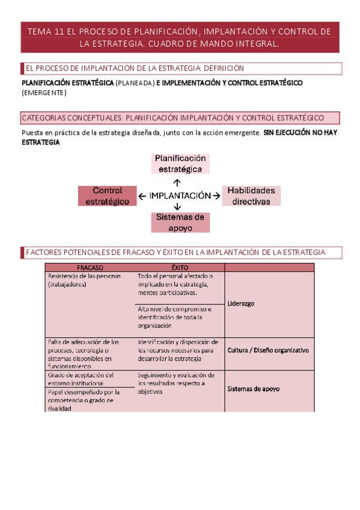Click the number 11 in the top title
tap(58, 31)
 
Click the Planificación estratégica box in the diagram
tap(180, 164)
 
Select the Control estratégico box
tap(107, 196)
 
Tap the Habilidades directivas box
tap(251, 196)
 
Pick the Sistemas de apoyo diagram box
tap(180, 223)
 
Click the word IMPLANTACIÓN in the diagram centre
tap(180, 196)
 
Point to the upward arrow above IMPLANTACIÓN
tap(177, 182)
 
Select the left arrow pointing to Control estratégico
tap(142, 196)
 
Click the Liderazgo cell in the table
tap(241, 304)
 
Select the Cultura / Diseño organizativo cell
tap(267, 349)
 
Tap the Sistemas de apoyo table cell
tap(253, 389)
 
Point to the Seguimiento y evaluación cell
tap(175, 383)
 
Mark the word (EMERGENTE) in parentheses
tap(44, 93)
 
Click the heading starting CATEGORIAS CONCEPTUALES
tap(172, 118)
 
